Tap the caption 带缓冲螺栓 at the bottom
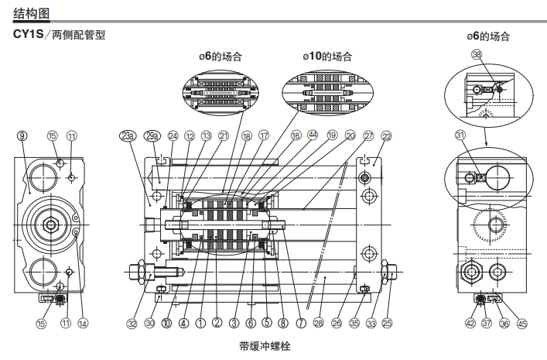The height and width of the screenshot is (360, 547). [264, 345]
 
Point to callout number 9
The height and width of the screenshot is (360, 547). [22, 135]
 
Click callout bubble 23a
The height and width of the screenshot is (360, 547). [128, 136]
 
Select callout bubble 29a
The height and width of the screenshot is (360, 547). [152, 136]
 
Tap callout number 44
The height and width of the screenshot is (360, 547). [313, 135]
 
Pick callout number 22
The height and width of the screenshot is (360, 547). [386, 135]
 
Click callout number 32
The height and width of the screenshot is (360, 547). [132, 323]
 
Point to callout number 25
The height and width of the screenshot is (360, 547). [388, 323]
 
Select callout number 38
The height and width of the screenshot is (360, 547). [476, 55]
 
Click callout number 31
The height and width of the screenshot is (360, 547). [460, 135]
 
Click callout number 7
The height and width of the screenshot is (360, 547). [299, 323]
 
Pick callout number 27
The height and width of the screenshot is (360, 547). [368, 135]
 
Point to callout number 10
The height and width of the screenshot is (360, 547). [166, 323]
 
